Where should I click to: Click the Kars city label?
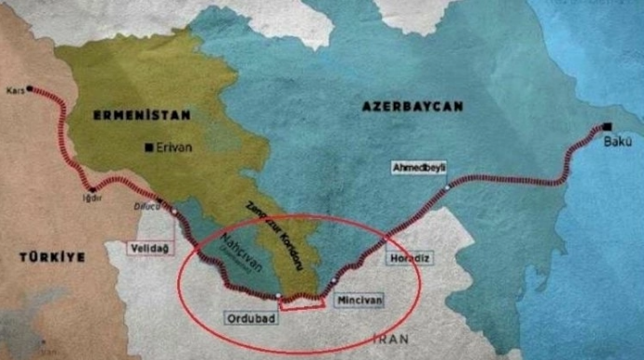pyautogui.click(x=14, y=90)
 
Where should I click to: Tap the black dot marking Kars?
pyautogui.click(x=31, y=90)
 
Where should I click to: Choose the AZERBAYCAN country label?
pyautogui.click(x=412, y=108)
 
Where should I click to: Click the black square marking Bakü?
pyautogui.click(x=608, y=128)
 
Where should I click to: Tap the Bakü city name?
pyautogui.click(x=622, y=142)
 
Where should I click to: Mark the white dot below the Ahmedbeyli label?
pyautogui.click(x=447, y=187)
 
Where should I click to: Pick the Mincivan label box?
pyautogui.click(x=359, y=301)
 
